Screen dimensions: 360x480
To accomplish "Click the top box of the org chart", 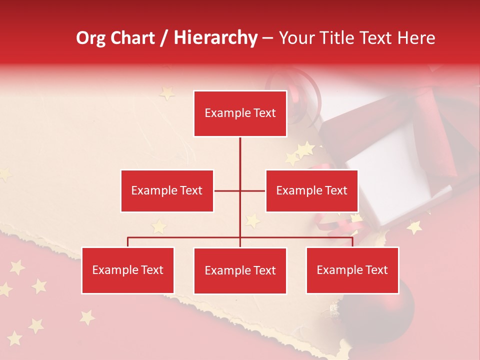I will (x=240, y=113).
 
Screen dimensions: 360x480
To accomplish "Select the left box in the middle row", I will (x=167, y=190).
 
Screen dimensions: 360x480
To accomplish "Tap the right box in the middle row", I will (x=311, y=190).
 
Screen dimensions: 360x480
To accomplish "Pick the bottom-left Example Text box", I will (x=128, y=270).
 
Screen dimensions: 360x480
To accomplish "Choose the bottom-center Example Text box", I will (x=240, y=270).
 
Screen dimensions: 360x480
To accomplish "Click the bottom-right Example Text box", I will (x=352, y=270).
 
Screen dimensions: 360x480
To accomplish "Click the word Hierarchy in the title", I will (x=215, y=38).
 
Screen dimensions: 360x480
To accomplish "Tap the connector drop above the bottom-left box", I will (x=128, y=242).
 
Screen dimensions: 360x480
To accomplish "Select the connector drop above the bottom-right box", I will (x=352, y=242).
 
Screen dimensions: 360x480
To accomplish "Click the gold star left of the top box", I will (x=166, y=93).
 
